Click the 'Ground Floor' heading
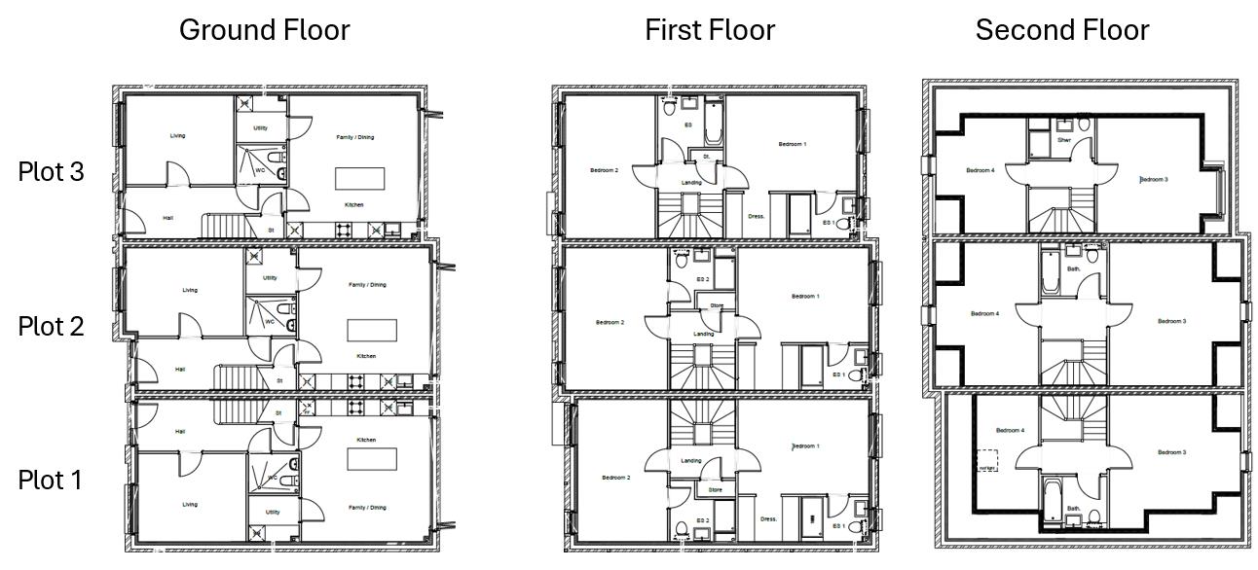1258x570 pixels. coord(264,30)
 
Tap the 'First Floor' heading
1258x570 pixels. coord(710,30)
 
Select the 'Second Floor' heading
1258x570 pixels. coord(1062,30)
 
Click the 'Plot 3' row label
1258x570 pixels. coord(51,172)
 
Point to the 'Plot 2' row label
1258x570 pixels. coord(51,326)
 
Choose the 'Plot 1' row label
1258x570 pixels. coord(51,480)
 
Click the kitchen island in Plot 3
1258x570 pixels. coord(359,179)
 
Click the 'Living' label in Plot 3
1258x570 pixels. coord(177,136)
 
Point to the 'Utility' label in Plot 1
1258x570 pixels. coord(273,512)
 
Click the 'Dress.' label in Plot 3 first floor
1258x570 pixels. coord(757,217)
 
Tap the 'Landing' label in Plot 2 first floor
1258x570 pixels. coord(703,334)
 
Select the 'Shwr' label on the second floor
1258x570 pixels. coord(1064,140)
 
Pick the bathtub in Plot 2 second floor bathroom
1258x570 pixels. coord(1050,273)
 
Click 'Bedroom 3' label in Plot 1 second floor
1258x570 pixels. coord(1171,452)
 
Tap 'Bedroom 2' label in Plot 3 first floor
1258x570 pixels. coord(604,171)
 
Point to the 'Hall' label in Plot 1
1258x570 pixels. coord(180,432)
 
